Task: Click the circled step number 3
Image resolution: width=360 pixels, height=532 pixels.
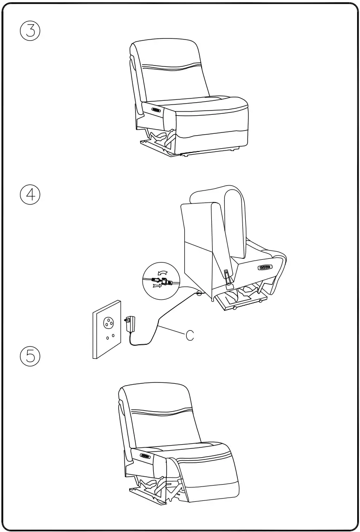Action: click(x=30, y=32)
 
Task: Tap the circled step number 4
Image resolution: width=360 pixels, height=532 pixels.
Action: click(x=30, y=194)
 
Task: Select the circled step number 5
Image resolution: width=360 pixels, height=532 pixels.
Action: click(x=30, y=357)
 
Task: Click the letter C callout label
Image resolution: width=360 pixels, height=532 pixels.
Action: click(x=190, y=336)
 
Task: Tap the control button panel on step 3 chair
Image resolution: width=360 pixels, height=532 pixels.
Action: click(x=156, y=110)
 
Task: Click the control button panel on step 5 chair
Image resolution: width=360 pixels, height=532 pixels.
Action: click(x=144, y=456)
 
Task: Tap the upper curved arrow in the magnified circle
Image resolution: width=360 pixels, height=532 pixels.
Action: click(x=163, y=273)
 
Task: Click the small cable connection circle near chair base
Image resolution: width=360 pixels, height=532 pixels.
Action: click(x=198, y=293)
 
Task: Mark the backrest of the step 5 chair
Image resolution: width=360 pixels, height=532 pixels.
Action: click(x=160, y=414)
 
